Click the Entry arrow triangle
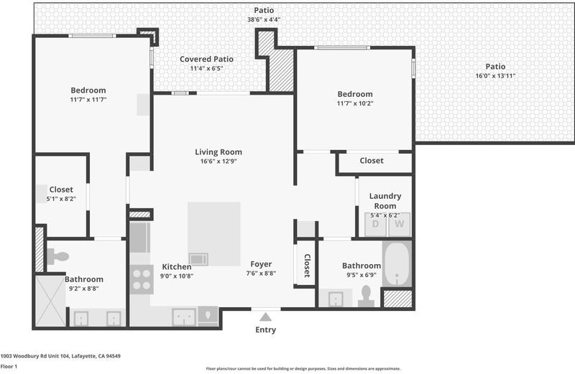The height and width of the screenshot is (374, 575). [x=265, y=317]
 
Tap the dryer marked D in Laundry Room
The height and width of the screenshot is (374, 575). [x=375, y=224]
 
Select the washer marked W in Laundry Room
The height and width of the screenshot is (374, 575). [x=400, y=224]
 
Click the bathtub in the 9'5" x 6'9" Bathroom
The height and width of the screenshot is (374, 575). [x=397, y=263]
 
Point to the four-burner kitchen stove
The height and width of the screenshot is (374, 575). [x=142, y=279]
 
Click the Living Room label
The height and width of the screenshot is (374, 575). [x=218, y=152]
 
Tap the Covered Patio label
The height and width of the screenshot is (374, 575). [x=206, y=59]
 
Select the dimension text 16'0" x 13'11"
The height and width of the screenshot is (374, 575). [x=495, y=76]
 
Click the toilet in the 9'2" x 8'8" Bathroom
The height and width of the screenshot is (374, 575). [x=58, y=256]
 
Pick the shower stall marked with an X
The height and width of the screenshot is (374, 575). [x=50, y=301]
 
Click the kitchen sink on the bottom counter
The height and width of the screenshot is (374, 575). [x=184, y=317]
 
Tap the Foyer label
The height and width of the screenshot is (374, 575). [x=261, y=264]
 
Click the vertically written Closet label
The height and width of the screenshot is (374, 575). [x=307, y=266]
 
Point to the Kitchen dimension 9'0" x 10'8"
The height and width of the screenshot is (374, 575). [x=177, y=276]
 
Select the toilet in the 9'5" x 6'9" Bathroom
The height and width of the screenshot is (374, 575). [x=366, y=296]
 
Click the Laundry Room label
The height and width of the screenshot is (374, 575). [x=385, y=201]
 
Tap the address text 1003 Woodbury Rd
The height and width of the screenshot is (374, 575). [x=25, y=355]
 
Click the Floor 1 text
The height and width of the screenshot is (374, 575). [x=9, y=366]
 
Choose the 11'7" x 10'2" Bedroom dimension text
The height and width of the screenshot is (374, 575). [x=355, y=103]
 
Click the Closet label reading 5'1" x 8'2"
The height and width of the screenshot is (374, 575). [x=61, y=199]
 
